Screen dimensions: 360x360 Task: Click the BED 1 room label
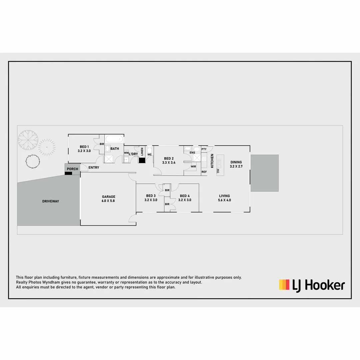click(84, 147)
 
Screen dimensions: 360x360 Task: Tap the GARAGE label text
click(108, 197)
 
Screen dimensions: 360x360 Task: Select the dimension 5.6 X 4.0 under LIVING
click(224, 200)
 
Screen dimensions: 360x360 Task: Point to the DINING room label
click(236, 162)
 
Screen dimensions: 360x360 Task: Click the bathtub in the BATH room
click(114, 139)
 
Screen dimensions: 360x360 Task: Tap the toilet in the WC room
click(149, 150)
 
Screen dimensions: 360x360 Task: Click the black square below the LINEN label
click(142, 160)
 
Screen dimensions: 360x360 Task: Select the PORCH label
click(72, 169)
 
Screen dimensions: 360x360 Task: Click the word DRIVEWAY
click(51, 201)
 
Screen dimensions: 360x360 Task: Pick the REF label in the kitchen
click(204, 172)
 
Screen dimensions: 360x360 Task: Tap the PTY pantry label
click(204, 149)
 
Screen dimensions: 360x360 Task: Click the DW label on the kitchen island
click(218, 171)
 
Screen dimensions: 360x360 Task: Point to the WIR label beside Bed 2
click(193, 166)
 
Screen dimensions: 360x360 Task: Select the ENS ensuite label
click(192, 153)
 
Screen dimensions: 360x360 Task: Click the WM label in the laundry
click(126, 153)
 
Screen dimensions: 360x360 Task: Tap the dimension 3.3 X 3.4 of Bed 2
click(169, 163)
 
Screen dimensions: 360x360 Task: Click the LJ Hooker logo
click(312, 285)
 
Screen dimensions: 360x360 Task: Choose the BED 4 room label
click(185, 196)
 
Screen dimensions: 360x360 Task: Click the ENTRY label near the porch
click(94, 168)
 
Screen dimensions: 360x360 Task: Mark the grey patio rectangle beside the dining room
click(264, 173)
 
